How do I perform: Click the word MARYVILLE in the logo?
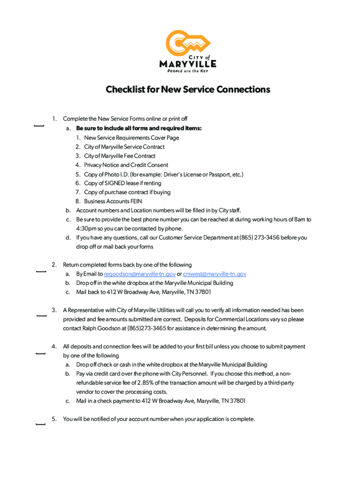[188, 64]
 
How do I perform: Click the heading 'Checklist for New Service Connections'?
[188, 89]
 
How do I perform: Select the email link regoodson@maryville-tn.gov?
[140, 274]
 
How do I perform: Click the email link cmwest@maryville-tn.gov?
[215, 274]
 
